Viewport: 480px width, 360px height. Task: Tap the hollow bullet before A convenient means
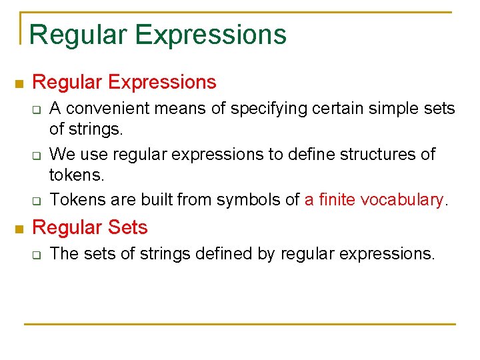point(37,109)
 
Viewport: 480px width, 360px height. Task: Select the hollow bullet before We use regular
point(37,155)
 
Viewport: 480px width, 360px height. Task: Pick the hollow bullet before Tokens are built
point(37,201)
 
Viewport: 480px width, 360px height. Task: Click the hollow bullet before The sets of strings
point(37,255)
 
